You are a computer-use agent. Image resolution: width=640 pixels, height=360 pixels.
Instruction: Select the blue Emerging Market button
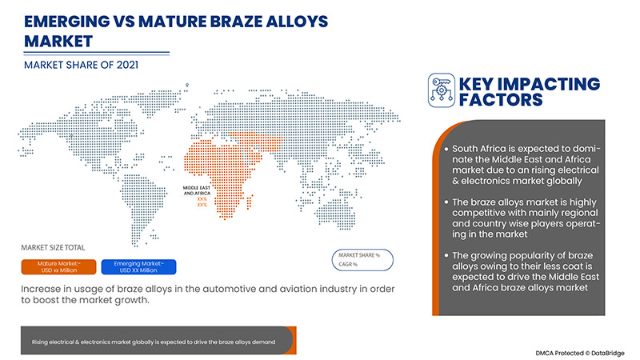click(x=141, y=266)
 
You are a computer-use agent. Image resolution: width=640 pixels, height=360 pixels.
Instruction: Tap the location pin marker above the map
click(x=186, y=82)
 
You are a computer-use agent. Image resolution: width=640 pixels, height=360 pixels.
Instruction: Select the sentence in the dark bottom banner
click(x=154, y=342)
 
